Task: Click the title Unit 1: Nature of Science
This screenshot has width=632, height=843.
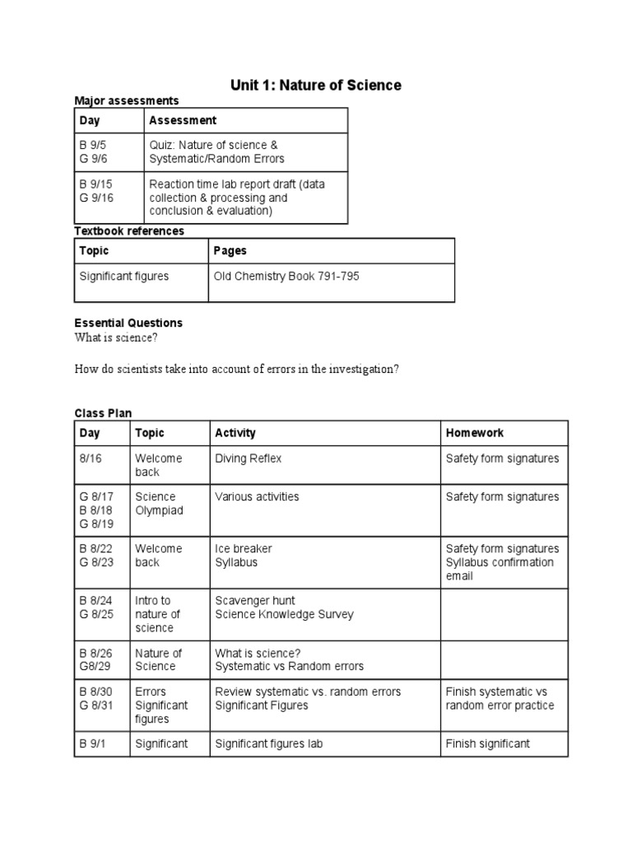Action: point(316,85)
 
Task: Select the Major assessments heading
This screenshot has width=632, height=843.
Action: point(126,100)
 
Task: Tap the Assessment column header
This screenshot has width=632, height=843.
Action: point(183,120)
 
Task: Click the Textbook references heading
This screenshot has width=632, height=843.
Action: point(129,231)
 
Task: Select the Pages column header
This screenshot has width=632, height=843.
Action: point(230,250)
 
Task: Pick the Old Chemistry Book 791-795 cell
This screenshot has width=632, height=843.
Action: point(286,277)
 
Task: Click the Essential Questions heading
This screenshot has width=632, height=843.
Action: point(128,323)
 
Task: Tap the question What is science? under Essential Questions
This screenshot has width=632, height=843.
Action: point(115,338)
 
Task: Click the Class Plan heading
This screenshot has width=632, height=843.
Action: point(103,413)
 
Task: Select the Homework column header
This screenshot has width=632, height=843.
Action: point(475,433)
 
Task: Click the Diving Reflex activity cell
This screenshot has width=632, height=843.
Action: point(248,459)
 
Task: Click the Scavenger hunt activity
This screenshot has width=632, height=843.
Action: point(255,601)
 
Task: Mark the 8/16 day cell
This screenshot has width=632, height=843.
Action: point(91,459)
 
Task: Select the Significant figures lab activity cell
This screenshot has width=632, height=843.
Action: point(269,743)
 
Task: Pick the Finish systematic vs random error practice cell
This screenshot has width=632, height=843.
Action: point(500,698)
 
